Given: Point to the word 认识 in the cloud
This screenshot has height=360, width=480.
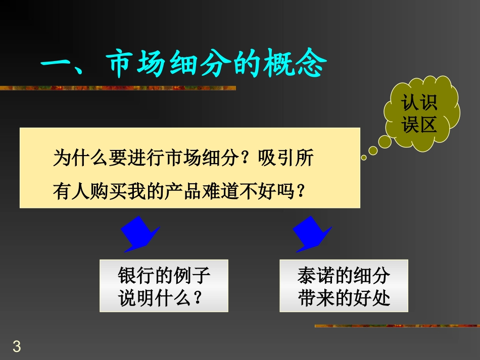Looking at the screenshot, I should click(x=419, y=104).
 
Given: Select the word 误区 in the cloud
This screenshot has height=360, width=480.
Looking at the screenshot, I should click(x=419, y=125).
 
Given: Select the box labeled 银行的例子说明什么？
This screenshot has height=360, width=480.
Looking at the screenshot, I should click(x=164, y=286).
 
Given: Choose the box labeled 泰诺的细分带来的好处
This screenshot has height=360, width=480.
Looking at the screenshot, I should click(x=344, y=286).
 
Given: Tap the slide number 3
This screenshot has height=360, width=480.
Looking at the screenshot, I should click(x=17, y=347).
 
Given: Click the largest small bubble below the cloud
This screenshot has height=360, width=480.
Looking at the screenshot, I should click(x=386, y=141).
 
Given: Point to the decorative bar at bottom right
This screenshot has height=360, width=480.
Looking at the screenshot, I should click(x=397, y=326).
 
